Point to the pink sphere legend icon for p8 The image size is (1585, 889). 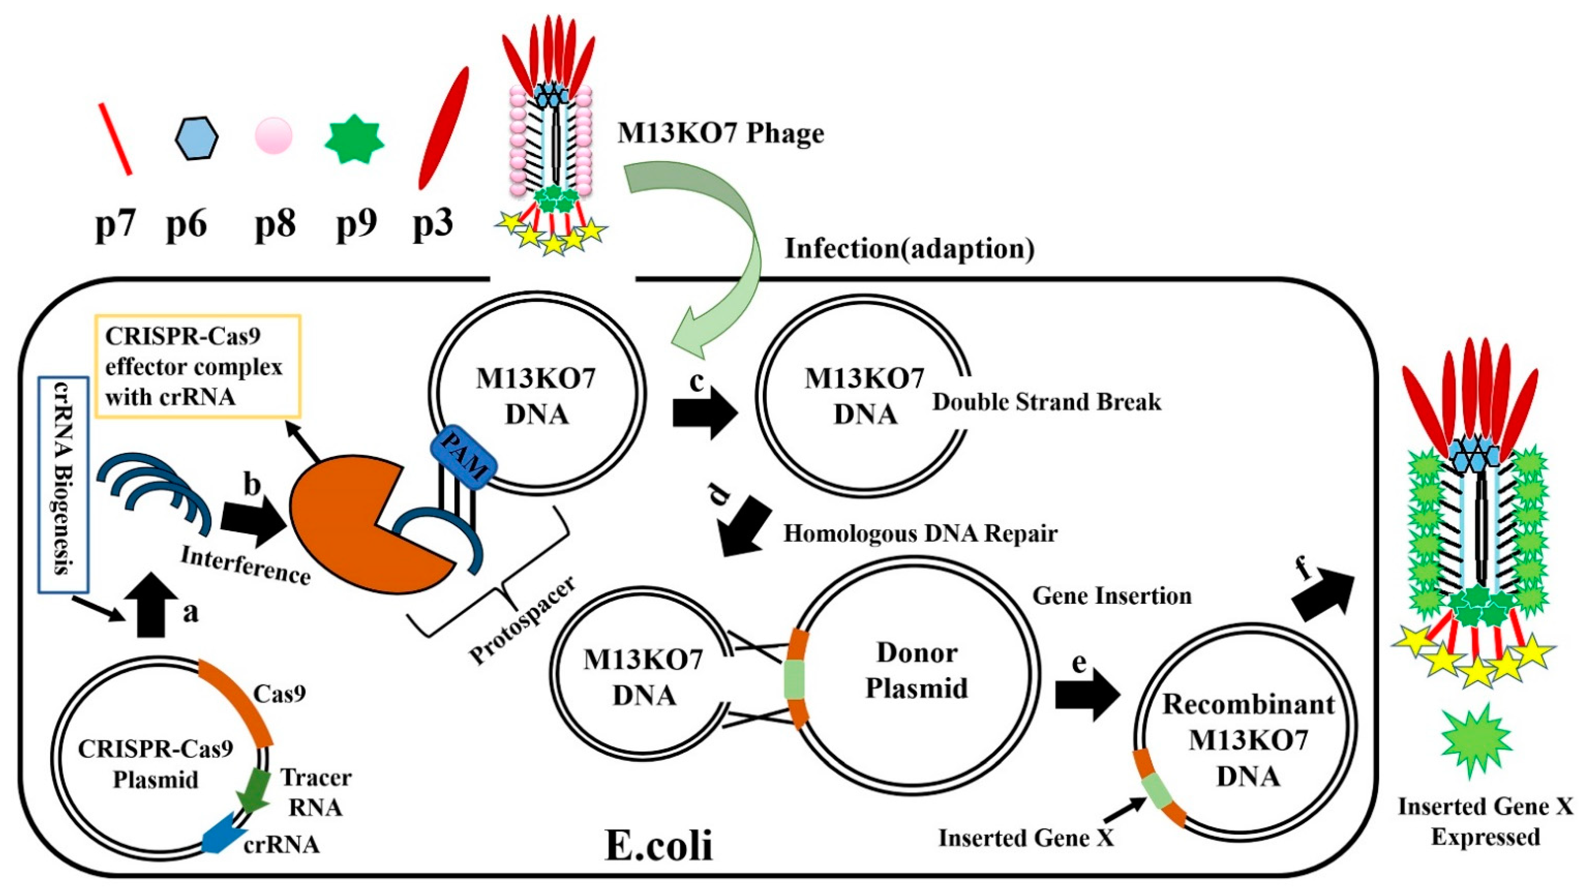point(273,136)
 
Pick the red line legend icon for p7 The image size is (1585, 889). point(115,139)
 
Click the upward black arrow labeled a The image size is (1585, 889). point(151,605)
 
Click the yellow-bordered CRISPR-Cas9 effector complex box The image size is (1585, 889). point(197,366)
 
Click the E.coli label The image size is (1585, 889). point(658,846)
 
